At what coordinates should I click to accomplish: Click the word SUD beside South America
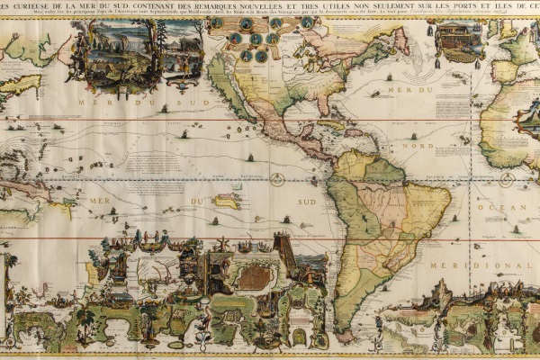tap(306, 202)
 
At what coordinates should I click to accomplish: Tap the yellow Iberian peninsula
tap(508, 70)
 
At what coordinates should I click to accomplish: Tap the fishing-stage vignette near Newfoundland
tap(458, 39)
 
